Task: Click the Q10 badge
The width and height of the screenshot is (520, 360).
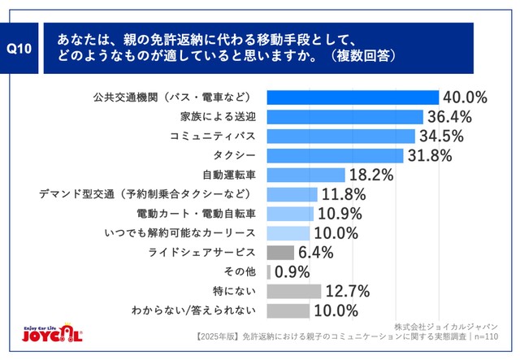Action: click(x=24, y=49)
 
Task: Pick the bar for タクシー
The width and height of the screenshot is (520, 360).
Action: click(x=335, y=155)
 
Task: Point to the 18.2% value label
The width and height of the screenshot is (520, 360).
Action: click(x=370, y=175)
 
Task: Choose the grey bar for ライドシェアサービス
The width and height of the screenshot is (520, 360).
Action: click(x=280, y=252)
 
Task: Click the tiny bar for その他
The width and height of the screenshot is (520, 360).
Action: click(x=269, y=271)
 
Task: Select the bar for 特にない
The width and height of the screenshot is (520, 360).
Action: click(x=294, y=291)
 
